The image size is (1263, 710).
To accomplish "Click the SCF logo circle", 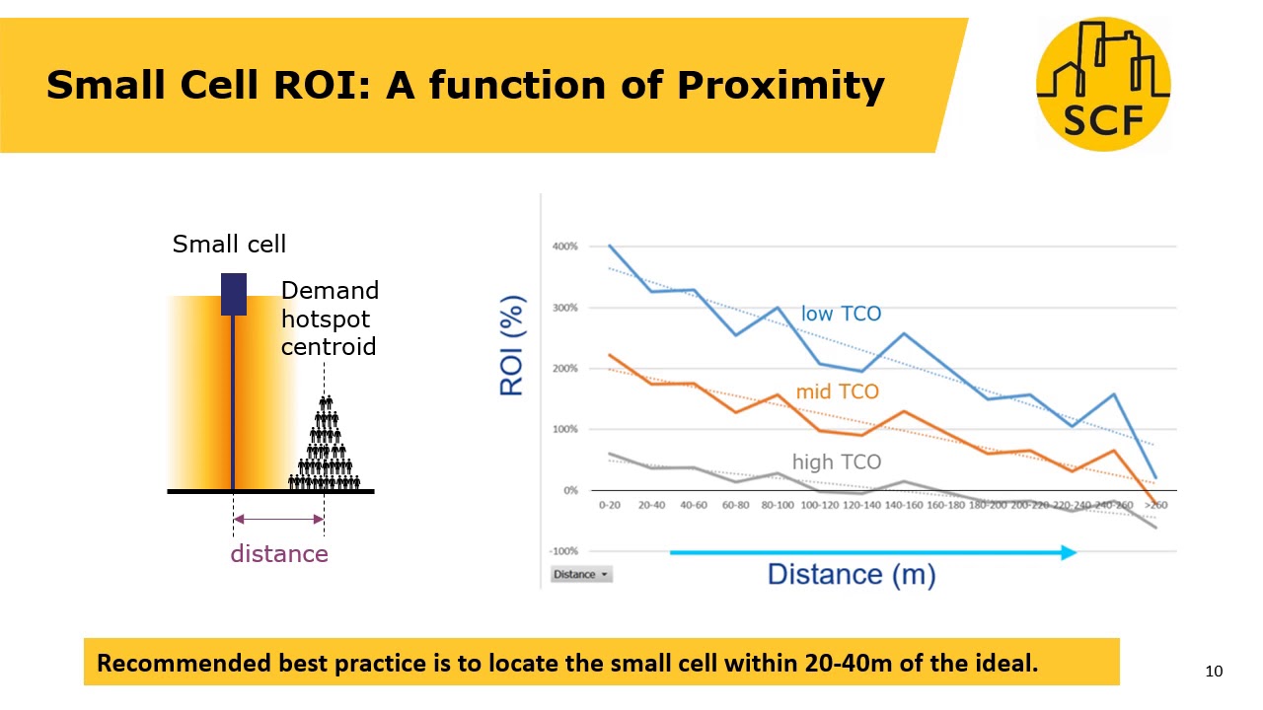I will tap(1102, 84).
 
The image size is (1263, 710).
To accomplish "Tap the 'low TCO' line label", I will tap(841, 314).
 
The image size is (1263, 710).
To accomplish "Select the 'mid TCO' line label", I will tap(837, 391).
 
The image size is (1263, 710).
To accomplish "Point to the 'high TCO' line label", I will tap(837, 461).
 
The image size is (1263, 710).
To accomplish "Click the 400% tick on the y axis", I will tap(564, 247).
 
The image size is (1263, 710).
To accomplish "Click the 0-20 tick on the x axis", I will tap(610, 505).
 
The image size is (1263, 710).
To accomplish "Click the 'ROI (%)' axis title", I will tap(511, 345).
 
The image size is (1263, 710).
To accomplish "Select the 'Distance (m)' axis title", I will tap(851, 574).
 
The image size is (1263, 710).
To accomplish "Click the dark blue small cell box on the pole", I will tap(233, 294).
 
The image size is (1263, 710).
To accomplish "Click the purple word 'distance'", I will tap(279, 554).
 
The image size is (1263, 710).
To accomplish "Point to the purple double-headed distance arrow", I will tap(278, 519).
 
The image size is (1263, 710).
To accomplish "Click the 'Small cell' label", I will tap(229, 244).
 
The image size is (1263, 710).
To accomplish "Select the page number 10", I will tap(1214, 672).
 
